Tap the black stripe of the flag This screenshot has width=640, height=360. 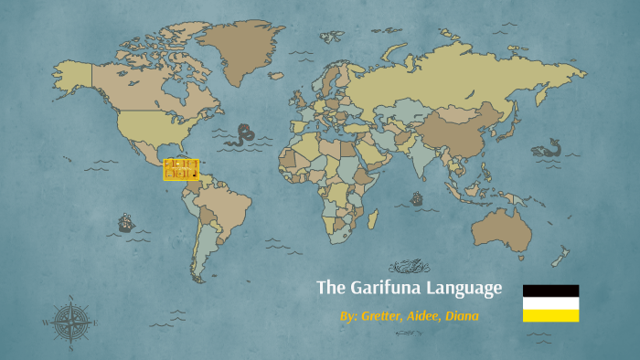tap(550, 291)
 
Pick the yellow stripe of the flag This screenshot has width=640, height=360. tap(550, 315)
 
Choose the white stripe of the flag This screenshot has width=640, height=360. tap(550, 303)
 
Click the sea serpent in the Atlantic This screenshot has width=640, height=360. tap(243, 135)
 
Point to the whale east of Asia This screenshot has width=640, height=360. tap(549, 149)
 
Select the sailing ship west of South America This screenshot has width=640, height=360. tap(125, 222)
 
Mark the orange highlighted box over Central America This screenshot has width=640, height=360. tap(181, 169)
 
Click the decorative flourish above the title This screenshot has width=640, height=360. tap(409, 267)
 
